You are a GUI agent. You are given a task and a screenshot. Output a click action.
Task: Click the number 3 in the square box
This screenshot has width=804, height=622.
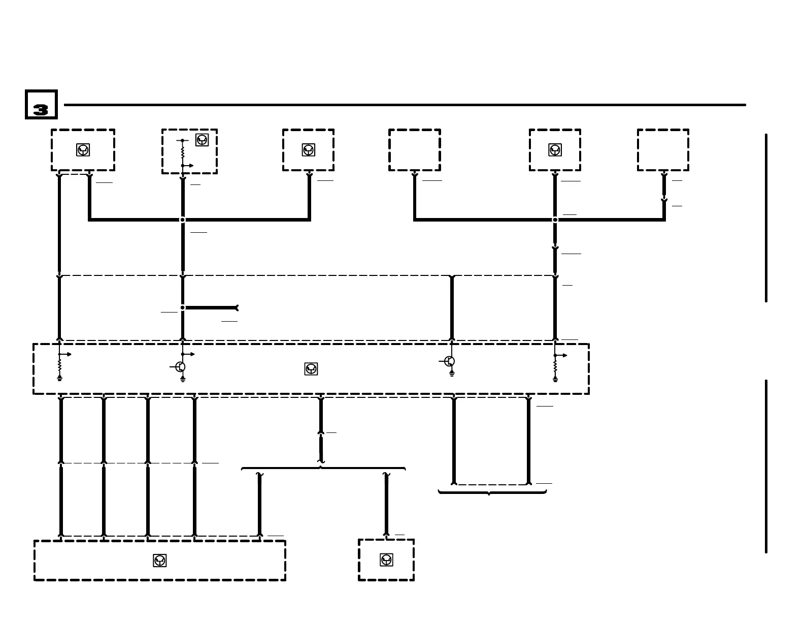[41, 109]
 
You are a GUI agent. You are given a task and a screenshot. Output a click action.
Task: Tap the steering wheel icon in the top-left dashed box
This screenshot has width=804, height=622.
[83, 150]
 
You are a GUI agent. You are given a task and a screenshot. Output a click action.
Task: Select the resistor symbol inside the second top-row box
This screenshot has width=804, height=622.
[183, 151]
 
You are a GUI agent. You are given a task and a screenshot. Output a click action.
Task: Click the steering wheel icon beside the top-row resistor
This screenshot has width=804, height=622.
[202, 140]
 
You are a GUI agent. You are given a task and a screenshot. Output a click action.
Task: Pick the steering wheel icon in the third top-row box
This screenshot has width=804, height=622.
[308, 150]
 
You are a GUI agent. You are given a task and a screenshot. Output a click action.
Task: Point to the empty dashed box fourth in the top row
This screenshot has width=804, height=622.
[414, 150]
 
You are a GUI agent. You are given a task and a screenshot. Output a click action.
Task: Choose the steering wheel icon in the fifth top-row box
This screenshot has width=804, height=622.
[555, 150]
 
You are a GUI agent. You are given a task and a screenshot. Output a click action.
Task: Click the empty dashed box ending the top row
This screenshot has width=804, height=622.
[663, 150]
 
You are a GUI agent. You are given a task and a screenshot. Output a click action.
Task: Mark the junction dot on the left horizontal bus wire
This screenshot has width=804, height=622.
[183, 220]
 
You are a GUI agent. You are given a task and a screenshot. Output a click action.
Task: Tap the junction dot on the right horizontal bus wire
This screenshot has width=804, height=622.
[555, 220]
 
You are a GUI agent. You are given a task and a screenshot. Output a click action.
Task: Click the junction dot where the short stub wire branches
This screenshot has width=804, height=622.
[183, 307]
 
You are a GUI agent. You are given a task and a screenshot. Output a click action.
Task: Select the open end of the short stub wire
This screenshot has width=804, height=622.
[236, 307]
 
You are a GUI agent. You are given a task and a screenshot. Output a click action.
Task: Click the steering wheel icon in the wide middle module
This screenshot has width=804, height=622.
[311, 369]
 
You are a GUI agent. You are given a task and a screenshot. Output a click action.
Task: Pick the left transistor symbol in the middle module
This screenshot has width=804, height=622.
[180, 366]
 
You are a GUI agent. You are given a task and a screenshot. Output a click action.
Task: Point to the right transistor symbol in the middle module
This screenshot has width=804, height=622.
[449, 361]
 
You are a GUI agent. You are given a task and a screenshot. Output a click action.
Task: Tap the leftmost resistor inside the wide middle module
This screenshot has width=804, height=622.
[59, 366]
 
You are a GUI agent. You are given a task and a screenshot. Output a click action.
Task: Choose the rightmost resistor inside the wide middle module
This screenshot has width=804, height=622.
[555, 366]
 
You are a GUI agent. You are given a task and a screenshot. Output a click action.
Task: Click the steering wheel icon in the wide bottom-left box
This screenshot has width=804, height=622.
[159, 561]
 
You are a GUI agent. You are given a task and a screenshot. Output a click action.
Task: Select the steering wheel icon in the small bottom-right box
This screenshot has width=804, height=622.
[386, 560]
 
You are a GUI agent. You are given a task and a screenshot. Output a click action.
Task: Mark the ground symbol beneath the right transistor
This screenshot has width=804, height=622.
[452, 374]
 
